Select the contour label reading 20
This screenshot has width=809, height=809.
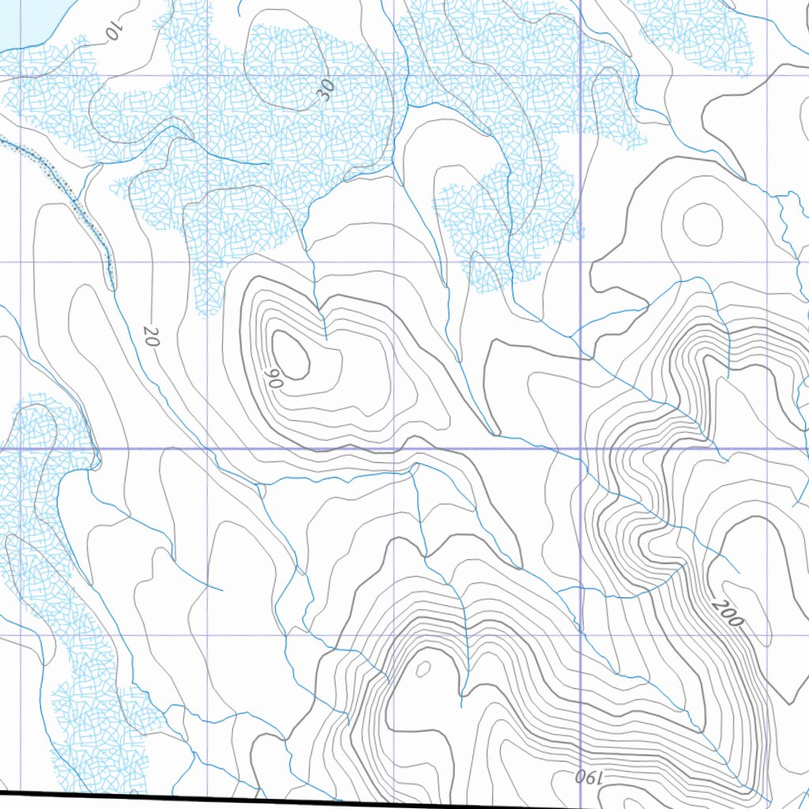coord(152,338)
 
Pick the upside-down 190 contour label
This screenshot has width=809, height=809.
coord(589,777)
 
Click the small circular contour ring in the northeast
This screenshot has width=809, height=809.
coord(702,223)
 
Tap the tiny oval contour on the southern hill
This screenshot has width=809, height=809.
coord(423,669)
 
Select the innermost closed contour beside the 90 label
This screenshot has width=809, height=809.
coord(290,353)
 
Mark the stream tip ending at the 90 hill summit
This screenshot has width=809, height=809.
coord(325,338)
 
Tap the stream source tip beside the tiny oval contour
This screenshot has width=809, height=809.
coord(461,697)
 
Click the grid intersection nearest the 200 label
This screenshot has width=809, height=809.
coord(768,635)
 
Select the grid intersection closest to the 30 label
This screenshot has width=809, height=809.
coord(393,77)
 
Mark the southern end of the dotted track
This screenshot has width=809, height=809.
coord(111,286)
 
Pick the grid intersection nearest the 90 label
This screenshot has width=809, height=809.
coord(207,449)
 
